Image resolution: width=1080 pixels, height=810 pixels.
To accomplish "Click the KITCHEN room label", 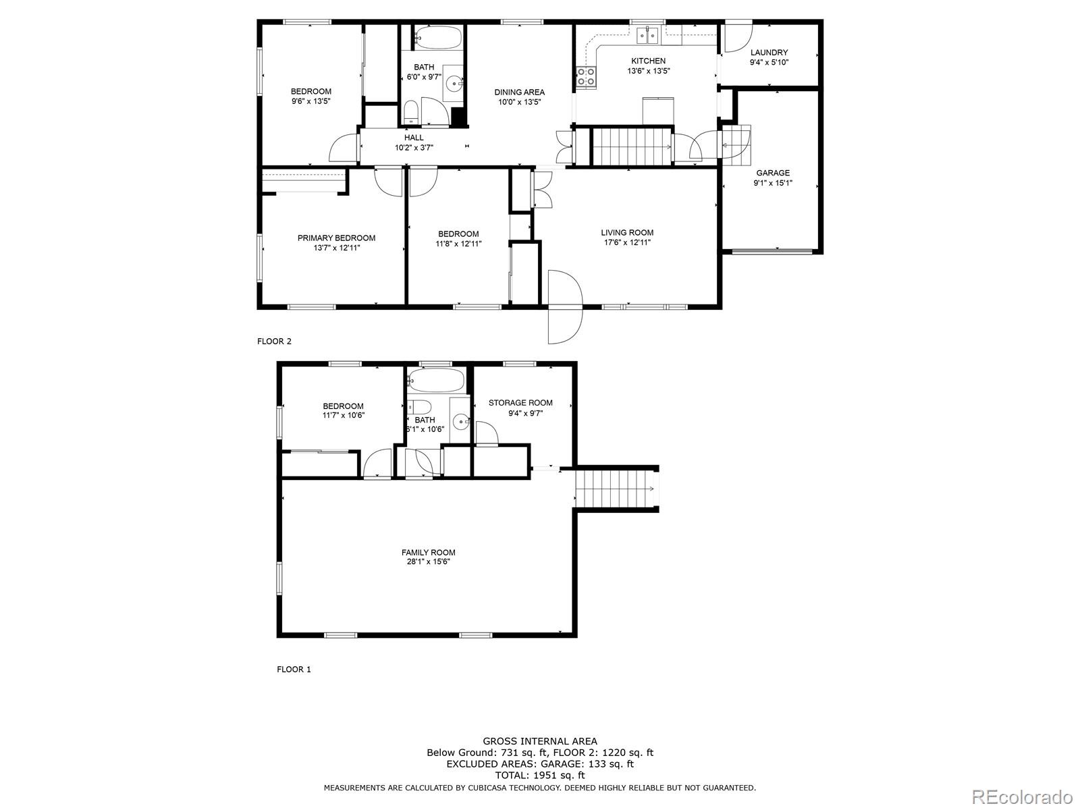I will (648, 61).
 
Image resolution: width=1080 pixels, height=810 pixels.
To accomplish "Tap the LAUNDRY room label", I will (769, 53).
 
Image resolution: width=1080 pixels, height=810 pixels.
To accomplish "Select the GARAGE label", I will (772, 173).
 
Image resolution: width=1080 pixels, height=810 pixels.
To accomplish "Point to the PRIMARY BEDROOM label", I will (336, 238).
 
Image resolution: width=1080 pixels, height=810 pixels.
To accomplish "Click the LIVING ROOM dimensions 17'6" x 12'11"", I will (627, 243).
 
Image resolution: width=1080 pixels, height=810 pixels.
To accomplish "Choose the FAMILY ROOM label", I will (428, 552).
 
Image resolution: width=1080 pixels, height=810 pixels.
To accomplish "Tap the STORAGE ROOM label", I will (520, 403).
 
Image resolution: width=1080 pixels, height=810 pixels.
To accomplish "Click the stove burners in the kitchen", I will (586, 78).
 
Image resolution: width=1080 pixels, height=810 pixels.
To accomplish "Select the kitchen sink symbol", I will (648, 34).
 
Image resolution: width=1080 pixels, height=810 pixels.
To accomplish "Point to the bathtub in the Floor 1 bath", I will (437, 381).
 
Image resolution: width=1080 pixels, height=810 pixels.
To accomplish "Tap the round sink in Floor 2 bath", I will (454, 84).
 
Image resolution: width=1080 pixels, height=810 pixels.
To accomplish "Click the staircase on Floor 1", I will (615, 489).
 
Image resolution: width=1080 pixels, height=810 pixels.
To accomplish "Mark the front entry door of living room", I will (564, 307).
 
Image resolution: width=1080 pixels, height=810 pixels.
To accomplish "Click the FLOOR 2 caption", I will (274, 342).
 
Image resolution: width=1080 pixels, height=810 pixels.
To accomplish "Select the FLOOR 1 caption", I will (294, 670).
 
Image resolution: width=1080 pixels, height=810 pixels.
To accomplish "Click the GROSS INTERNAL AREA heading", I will (539, 741).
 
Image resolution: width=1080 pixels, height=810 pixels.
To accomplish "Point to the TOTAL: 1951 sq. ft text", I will (539, 776).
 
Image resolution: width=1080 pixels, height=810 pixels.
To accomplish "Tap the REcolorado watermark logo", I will (1022, 796).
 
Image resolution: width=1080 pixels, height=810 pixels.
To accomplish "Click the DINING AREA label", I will (519, 92).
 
